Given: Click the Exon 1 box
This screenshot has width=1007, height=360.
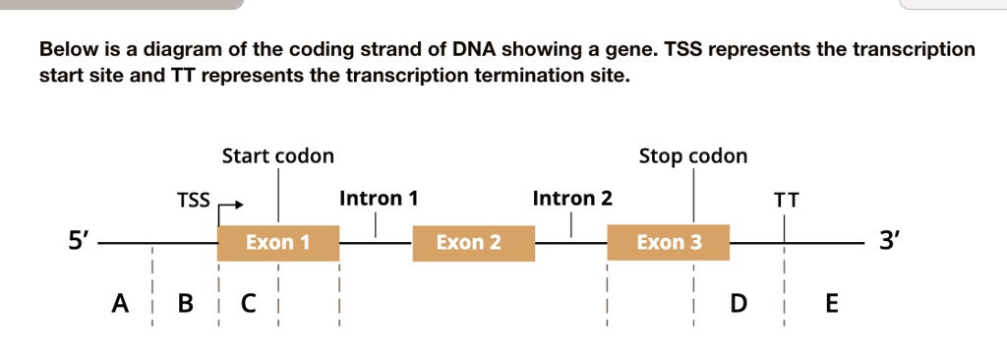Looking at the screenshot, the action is [278, 243].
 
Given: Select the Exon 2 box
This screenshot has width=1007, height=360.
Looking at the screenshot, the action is [473, 243].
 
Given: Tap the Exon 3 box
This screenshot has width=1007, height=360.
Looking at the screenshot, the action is [668, 242].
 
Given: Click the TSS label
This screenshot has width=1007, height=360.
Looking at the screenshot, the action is [194, 201].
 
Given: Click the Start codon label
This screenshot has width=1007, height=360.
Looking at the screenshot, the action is [278, 156].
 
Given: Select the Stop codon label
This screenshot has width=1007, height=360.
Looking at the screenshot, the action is [693, 156].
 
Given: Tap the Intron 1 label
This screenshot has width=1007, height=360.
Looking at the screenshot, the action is [379, 199].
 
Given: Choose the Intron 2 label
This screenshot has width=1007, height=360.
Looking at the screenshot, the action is [572, 199].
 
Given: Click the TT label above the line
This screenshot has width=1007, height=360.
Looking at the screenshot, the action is [786, 202].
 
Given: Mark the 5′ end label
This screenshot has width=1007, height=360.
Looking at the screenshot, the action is [80, 242].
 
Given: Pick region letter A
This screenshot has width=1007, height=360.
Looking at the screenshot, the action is [119, 302].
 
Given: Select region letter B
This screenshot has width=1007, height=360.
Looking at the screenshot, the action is [185, 302].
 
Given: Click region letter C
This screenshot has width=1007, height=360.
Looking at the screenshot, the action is [249, 302].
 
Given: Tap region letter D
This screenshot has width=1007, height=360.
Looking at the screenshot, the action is [740, 302].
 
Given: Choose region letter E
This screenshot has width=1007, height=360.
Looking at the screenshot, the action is [831, 302].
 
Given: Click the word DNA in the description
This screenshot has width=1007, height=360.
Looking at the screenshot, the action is [475, 49].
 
